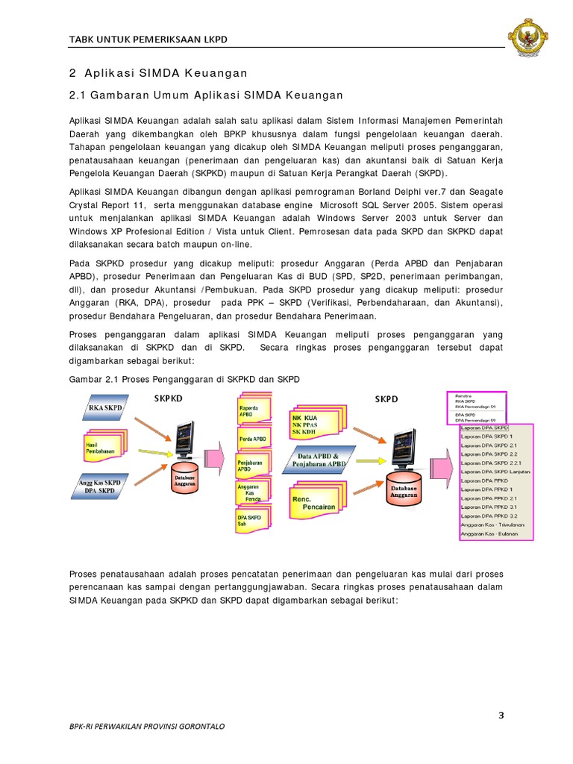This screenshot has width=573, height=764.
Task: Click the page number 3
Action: [501, 716]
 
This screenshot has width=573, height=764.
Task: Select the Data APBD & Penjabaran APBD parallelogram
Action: [322, 460]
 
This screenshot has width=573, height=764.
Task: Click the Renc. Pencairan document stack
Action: [313, 502]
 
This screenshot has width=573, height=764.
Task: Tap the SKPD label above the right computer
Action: [386, 399]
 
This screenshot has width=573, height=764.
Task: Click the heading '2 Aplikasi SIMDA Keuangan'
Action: [157, 73]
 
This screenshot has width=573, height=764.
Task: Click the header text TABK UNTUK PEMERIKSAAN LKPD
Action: [148, 39]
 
